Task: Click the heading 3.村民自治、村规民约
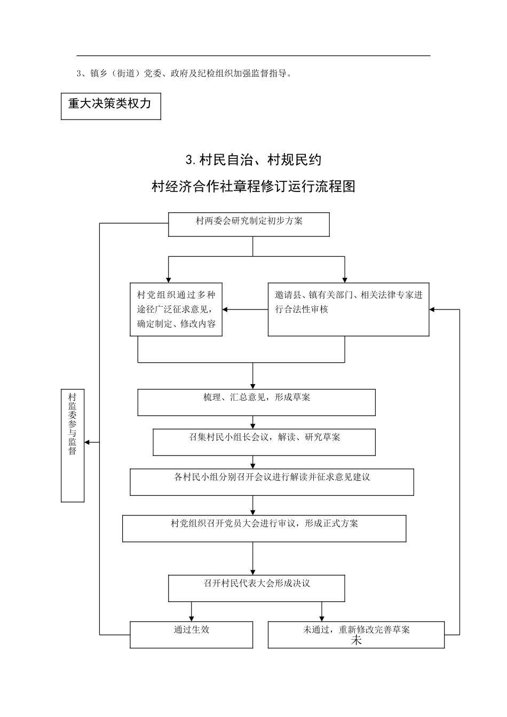(253, 160)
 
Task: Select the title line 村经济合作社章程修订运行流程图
(253, 187)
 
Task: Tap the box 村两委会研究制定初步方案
(249, 224)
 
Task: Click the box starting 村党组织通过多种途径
(176, 309)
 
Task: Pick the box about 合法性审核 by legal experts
(348, 309)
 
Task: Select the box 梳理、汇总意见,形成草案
(256, 402)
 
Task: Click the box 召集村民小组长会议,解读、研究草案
(264, 442)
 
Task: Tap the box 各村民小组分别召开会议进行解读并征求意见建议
(272, 482)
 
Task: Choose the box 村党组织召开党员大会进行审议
(264, 528)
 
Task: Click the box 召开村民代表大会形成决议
(257, 588)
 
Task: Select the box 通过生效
(191, 634)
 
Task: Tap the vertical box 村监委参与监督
(73, 445)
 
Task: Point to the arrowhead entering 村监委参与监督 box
(88, 442)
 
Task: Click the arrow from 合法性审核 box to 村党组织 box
(244, 309)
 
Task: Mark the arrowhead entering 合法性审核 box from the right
(433, 309)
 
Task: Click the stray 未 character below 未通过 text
(356, 641)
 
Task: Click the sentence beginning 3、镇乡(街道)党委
(185, 74)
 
